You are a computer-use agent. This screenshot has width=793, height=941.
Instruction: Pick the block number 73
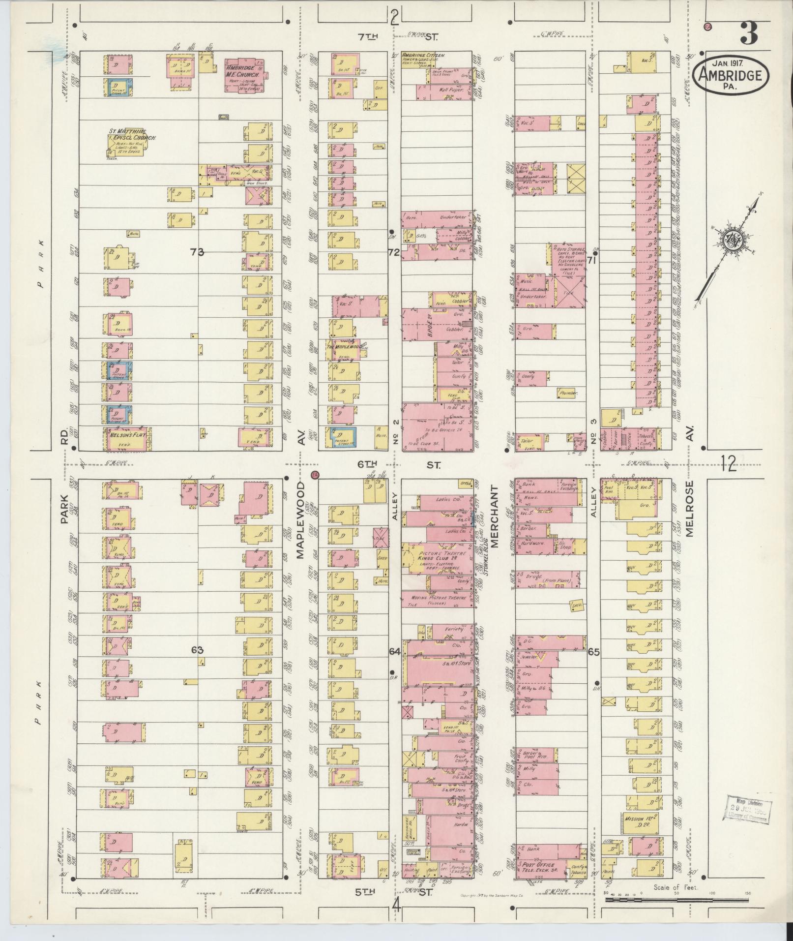pyautogui.click(x=197, y=252)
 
